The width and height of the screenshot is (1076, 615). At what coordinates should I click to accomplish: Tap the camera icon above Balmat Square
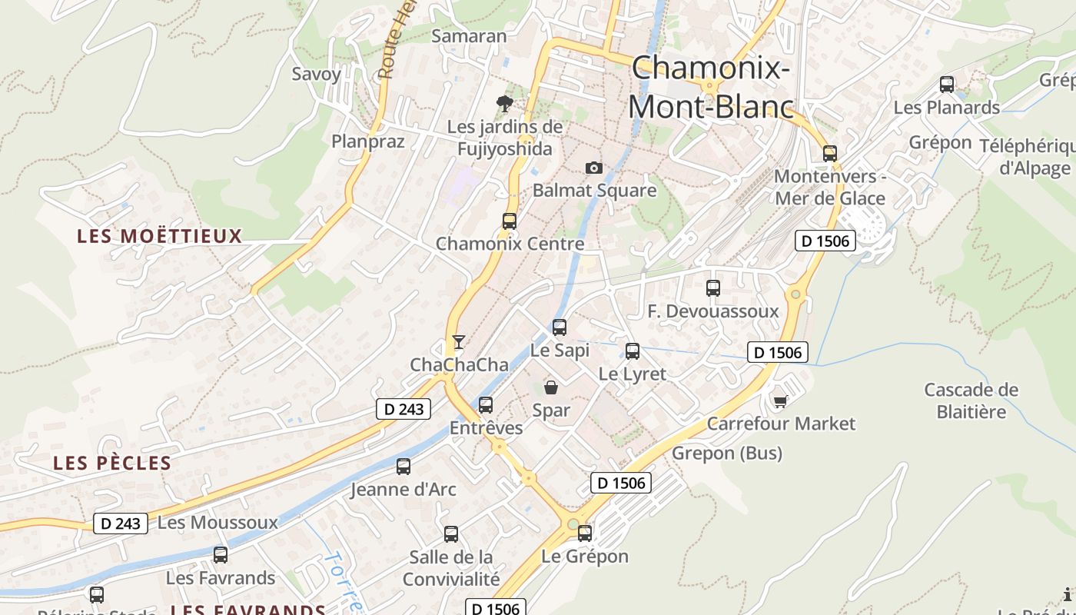point(593,168)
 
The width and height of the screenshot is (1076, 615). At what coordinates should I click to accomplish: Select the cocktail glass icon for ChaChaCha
point(459,342)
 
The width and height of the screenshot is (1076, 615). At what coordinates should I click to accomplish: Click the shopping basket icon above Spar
point(551,387)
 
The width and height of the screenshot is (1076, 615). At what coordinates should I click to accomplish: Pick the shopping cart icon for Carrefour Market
point(781,401)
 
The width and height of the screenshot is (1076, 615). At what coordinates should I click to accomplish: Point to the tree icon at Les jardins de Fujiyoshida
point(505,103)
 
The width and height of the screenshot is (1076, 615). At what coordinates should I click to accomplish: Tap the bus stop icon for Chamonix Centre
point(509,221)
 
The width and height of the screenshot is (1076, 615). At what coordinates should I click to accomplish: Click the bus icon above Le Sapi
point(560,327)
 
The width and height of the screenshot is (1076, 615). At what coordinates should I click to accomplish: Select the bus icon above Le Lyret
point(633,351)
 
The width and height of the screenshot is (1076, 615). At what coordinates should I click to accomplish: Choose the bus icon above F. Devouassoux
point(713,288)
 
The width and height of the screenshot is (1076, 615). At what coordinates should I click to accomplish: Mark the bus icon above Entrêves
point(486,405)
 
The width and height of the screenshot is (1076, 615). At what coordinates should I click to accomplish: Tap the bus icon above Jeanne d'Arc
point(403,466)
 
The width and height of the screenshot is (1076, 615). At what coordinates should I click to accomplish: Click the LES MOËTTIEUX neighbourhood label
point(160,236)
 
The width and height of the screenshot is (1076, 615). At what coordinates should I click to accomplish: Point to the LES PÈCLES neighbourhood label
point(112,463)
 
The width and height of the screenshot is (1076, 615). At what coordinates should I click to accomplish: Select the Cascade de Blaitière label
point(971,401)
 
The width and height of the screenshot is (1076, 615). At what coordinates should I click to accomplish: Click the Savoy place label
point(316,74)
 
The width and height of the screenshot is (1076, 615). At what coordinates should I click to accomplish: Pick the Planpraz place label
point(367,141)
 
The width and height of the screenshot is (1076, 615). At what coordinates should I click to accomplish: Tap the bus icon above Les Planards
point(947,85)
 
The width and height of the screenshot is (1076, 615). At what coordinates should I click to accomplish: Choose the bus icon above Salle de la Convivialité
point(451,534)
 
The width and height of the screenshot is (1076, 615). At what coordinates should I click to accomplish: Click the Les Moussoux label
point(218,523)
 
